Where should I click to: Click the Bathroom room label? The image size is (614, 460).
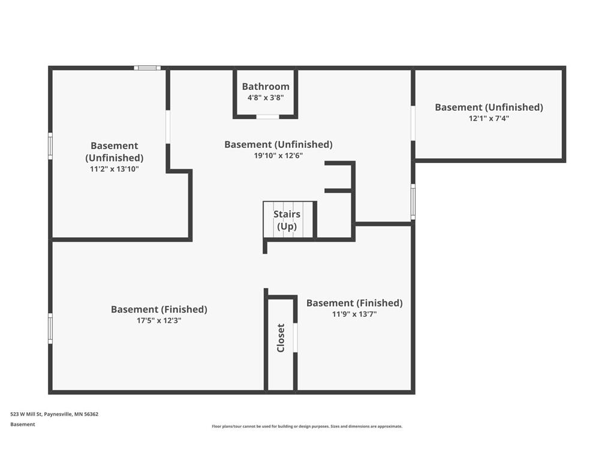[x=266, y=87]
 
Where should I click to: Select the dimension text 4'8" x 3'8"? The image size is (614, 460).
[x=266, y=98]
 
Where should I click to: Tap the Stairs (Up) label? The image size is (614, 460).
[x=287, y=220]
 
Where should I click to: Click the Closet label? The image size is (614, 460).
[x=281, y=338]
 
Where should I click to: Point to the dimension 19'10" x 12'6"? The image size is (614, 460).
[x=278, y=156]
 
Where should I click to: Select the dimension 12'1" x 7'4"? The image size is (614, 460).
[x=489, y=119]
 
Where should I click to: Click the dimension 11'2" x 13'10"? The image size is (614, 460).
[x=114, y=170]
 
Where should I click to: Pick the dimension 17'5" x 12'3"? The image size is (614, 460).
[x=159, y=320]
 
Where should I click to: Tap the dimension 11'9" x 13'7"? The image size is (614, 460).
[x=354, y=314]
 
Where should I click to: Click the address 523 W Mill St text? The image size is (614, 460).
[x=54, y=414]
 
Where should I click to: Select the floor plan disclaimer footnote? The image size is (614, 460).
[x=306, y=426]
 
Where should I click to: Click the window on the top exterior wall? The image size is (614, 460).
[x=147, y=68]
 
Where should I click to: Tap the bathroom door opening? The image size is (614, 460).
[x=267, y=116]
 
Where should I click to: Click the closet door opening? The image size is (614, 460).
[x=295, y=338]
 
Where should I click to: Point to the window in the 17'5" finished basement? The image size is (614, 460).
[x=50, y=328]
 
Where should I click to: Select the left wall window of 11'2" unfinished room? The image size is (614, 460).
[x=50, y=146]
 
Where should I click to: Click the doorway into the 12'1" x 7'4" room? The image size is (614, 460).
[x=413, y=123]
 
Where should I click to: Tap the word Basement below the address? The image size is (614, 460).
[x=23, y=424]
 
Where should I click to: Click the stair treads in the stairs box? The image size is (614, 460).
[x=288, y=220]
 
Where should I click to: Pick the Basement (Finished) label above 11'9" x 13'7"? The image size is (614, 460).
[x=354, y=303]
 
